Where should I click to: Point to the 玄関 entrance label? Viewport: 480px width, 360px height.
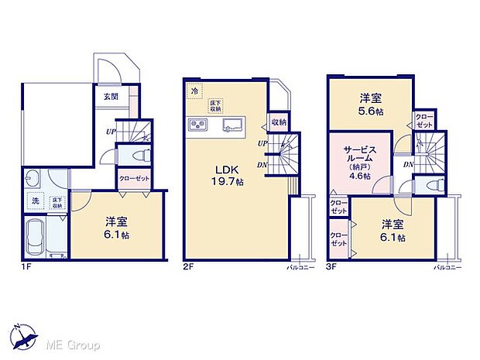(x=111, y=97)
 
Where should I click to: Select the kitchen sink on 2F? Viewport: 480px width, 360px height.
(x=233, y=126)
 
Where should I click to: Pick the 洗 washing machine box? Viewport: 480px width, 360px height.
(x=34, y=201)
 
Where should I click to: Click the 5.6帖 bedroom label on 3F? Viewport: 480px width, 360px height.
(x=369, y=105)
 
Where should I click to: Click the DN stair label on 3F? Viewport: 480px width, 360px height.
(x=407, y=164)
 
